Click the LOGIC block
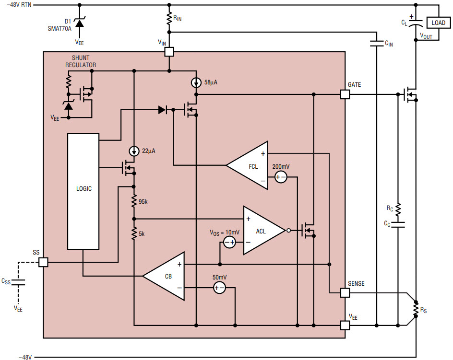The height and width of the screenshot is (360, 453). coord(83,191)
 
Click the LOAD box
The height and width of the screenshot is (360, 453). coord(438,23)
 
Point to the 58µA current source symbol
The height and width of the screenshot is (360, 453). coord(196,83)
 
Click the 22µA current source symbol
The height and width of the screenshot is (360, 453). coord(134,151)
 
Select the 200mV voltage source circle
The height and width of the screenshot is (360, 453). coord(280,177)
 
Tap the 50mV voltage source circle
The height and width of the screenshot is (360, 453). coord(219,288)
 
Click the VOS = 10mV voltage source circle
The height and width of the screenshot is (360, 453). coord(230,243)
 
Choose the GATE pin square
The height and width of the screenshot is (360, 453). coord(345,94)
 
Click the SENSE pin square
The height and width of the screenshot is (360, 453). coord(345,293)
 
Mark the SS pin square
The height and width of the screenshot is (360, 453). coord(43,262)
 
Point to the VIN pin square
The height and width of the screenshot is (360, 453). coord(169,52)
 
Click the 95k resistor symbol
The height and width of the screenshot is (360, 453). coord(134,201)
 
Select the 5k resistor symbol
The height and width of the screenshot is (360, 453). coord(134,233)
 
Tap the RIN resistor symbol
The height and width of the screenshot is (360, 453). coord(169,18)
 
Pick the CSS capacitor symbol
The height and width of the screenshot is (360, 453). coord(18,282)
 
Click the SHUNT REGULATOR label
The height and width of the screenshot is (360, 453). coord(81,61)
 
